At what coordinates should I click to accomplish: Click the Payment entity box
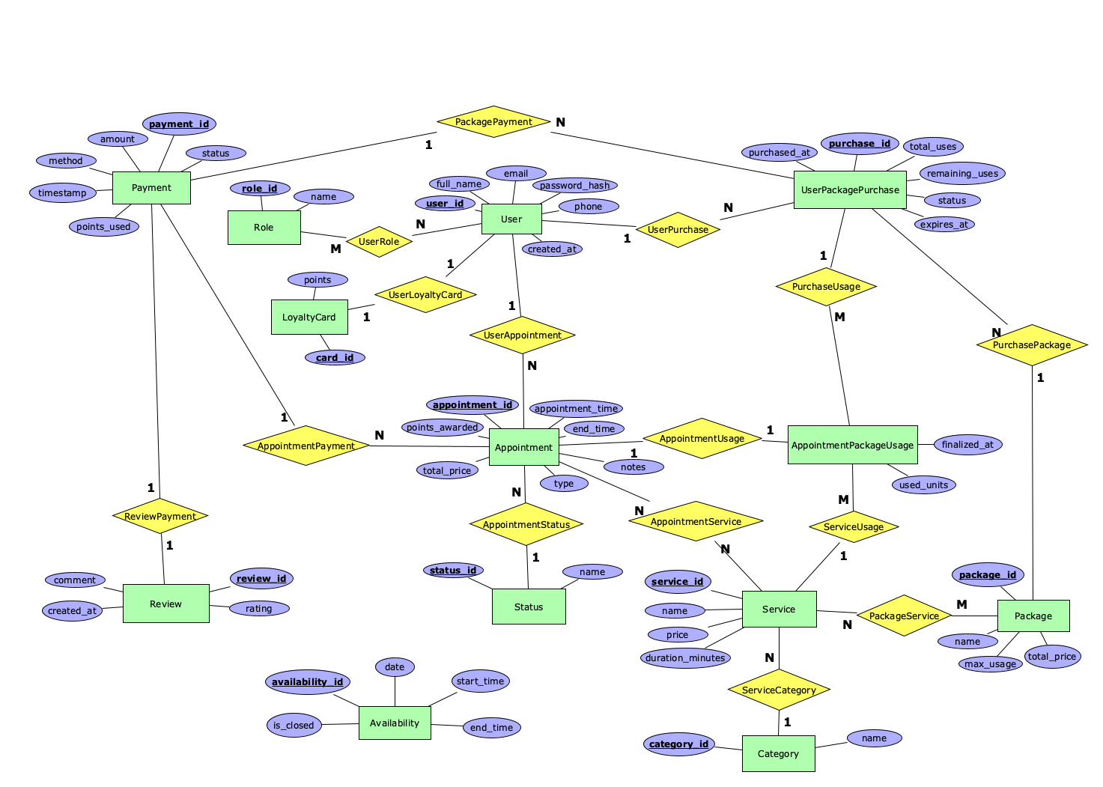(151, 188)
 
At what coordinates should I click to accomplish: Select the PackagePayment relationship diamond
(493, 121)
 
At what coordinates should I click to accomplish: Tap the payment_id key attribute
(179, 124)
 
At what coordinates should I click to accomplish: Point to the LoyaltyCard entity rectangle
(309, 317)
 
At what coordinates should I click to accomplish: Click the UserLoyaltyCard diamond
(425, 294)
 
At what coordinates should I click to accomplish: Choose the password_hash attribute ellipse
(574, 185)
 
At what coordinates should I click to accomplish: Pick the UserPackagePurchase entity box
(850, 189)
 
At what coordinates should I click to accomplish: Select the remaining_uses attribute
(962, 173)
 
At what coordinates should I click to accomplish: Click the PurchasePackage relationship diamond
(1031, 344)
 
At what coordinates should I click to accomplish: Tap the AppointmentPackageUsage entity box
(852, 445)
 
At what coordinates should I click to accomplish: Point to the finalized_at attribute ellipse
(967, 444)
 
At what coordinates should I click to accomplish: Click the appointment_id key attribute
(473, 404)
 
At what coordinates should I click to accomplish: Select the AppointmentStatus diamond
(526, 524)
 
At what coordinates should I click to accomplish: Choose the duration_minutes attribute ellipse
(685, 657)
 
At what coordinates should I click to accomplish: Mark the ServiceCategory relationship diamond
(779, 690)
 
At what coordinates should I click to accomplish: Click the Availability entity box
(395, 723)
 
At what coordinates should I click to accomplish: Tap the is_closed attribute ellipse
(294, 725)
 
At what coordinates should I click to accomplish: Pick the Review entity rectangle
(165, 604)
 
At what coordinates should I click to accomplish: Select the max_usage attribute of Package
(990, 663)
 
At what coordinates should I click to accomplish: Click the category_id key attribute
(678, 744)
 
